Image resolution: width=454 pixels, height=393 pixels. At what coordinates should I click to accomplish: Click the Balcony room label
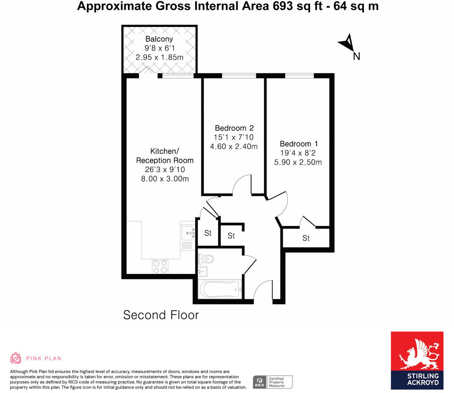point(159,39)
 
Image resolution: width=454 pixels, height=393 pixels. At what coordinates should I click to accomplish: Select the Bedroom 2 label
point(234,128)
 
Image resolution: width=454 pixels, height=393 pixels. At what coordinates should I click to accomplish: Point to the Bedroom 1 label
point(299,144)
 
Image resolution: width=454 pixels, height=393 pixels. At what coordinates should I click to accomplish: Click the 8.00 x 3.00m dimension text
point(164,178)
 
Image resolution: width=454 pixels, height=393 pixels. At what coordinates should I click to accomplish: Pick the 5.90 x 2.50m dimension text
point(298,162)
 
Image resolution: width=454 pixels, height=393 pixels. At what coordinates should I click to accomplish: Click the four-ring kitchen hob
point(160,266)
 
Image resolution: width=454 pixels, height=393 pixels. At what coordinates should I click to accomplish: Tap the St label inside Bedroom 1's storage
point(306,238)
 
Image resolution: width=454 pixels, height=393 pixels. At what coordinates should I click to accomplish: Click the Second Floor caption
point(161,315)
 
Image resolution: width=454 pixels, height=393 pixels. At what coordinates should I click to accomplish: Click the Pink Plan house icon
point(16,358)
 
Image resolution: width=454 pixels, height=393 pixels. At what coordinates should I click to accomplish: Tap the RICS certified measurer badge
point(273,382)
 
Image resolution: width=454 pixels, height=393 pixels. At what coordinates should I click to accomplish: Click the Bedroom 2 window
point(239,76)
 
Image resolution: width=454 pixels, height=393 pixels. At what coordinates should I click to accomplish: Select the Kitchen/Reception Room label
point(164,155)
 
